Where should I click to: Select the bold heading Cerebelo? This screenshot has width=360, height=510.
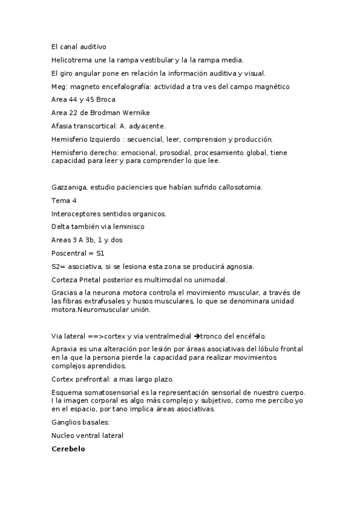(69, 449)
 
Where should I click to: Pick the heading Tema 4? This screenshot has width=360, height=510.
(64, 200)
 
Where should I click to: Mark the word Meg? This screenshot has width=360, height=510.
(59, 87)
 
